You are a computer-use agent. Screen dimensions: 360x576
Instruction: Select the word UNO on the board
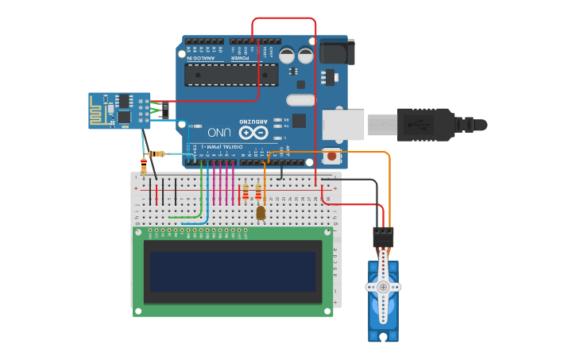coord(220,131)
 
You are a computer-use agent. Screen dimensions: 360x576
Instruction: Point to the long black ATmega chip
coord(231,75)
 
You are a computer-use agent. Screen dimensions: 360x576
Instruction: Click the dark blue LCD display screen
coord(232,272)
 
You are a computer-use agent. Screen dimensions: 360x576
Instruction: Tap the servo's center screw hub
coord(383,287)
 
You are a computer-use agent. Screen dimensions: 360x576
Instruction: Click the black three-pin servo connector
coord(383,236)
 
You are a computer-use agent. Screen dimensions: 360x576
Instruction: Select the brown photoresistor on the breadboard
coord(261,212)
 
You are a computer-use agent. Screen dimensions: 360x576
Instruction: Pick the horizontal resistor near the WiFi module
coord(157,153)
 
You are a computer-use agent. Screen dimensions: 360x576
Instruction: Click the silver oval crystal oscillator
coord(301,100)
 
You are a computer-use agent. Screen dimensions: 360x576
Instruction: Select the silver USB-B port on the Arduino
coord(342,125)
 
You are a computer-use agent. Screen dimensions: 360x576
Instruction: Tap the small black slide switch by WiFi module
coord(165,110)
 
